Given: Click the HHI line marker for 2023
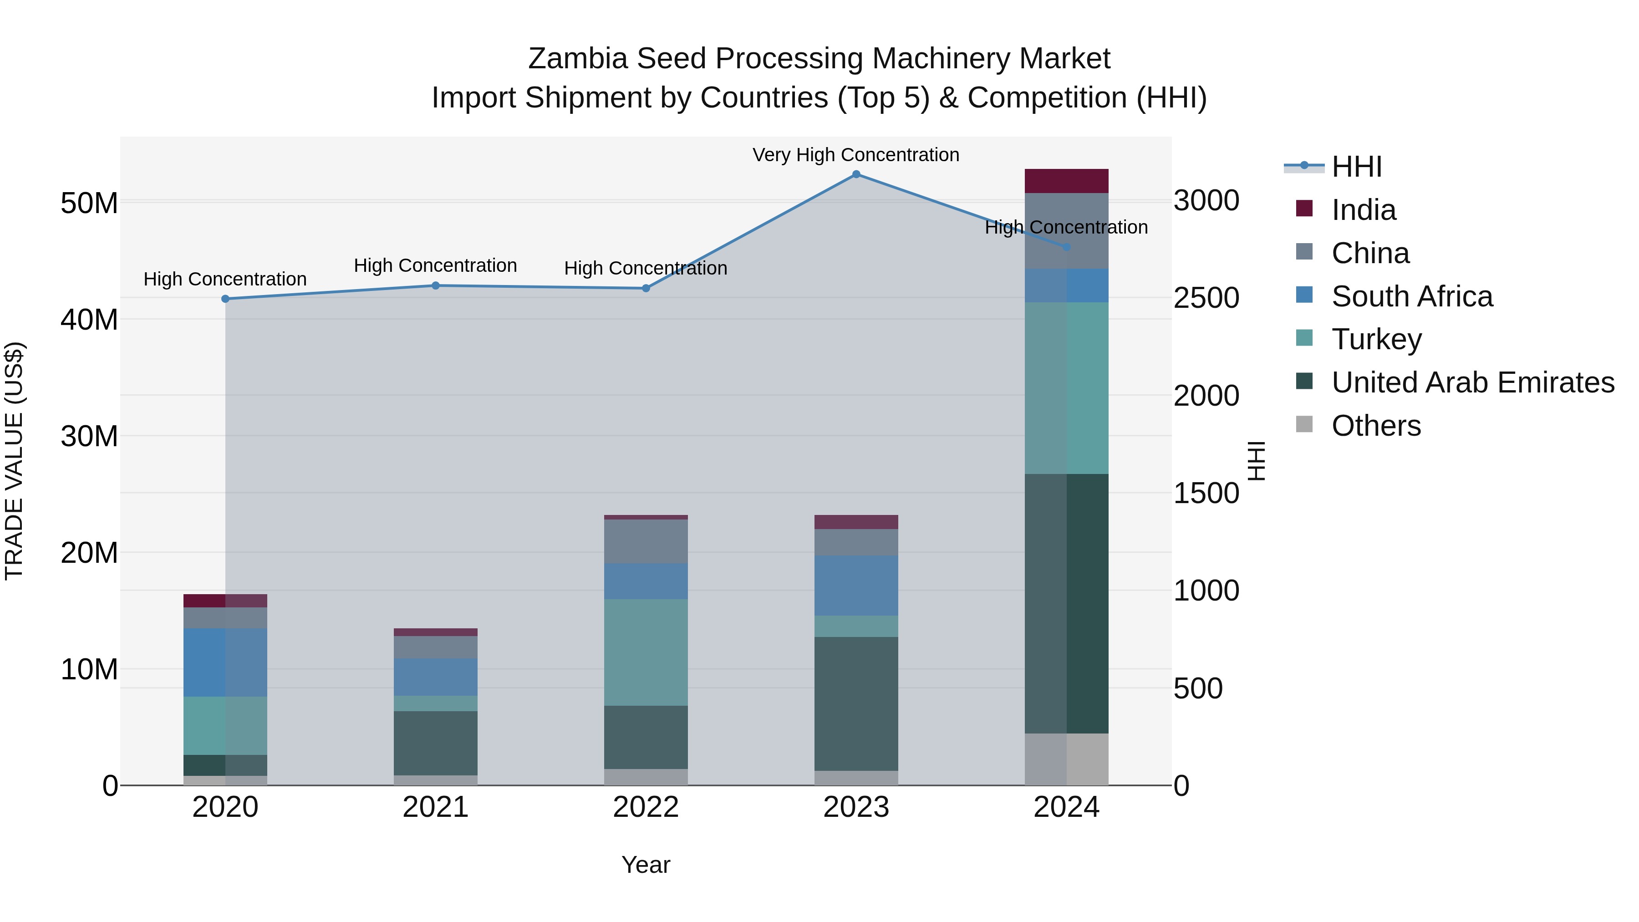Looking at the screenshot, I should pos(856,174).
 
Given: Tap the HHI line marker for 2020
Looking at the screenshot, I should pos(225,299).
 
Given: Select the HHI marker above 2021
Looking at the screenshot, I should pos(436,285).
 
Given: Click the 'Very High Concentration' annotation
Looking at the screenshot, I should pos(856,155).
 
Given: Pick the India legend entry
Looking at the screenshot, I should pos(1364,210).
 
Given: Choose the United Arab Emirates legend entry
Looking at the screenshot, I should pos(1472,382).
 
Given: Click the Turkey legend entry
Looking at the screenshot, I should pos(1376,339).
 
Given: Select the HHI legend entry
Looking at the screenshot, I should pos(1356,167).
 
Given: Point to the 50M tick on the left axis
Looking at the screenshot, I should pos(89,203).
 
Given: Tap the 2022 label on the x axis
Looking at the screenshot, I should pos(646,807).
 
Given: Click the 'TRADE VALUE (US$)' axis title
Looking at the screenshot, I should pos(14,461).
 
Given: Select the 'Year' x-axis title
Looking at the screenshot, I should pos(646,865).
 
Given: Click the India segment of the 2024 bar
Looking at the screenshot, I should pos(1066,181).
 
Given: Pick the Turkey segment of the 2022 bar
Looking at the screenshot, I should pos(646,652).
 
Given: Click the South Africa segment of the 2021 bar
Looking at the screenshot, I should pos(436,677).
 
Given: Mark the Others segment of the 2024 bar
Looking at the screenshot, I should pos(1066,759).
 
